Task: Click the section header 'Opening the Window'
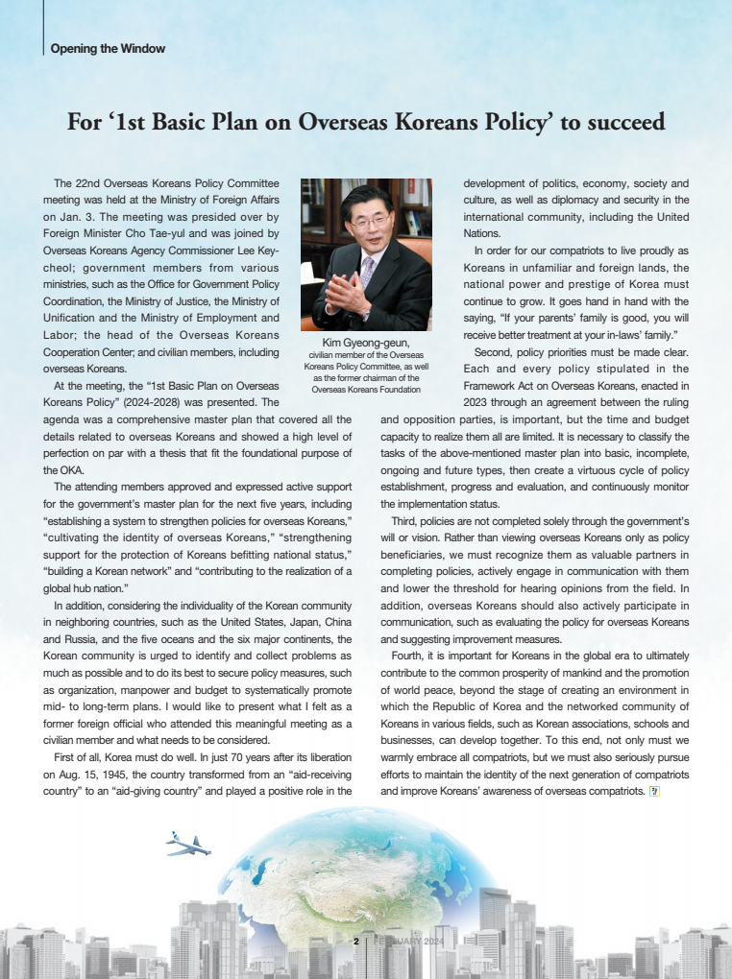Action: [108, 49]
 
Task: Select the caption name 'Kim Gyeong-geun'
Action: [366, 342]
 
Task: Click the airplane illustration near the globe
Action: [187, 844]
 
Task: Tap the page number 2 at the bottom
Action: [355, 941]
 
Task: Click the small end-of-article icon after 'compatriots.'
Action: [653, 791]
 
